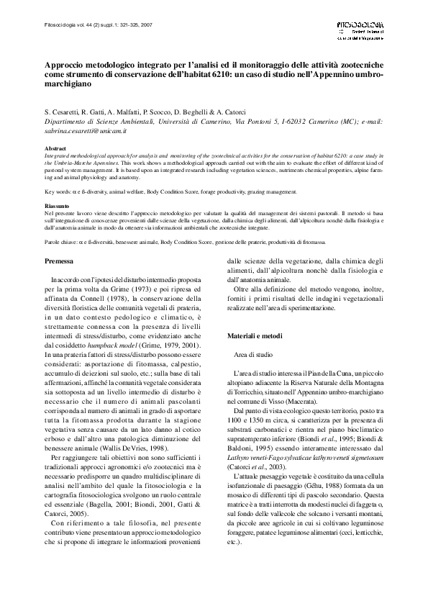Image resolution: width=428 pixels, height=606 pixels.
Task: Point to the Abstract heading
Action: pyautogui.click(x=55, y=148)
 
